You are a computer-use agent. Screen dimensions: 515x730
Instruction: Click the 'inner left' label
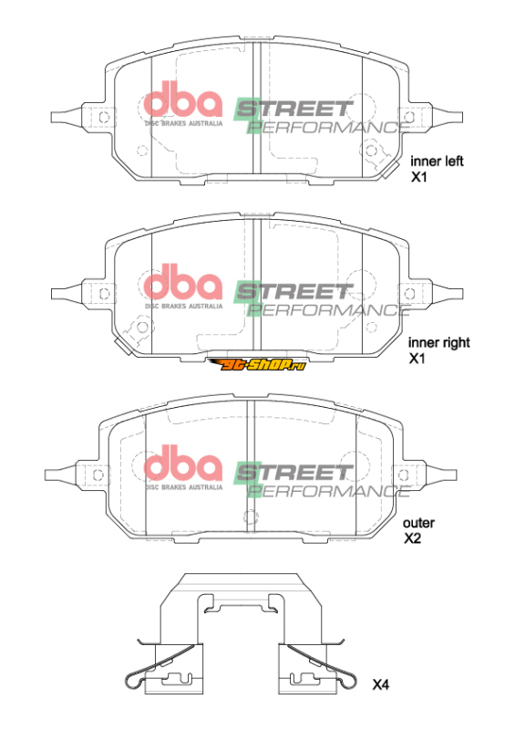pyautogui.click(x=437, y=162)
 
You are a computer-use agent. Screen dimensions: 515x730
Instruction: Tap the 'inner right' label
pyautogui.click(x=439, y=343)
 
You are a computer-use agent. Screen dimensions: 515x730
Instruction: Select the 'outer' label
pyautogui.click(x=418, y=523)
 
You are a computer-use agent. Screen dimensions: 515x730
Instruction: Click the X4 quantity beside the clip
pyautogui.click(x=380, y=684)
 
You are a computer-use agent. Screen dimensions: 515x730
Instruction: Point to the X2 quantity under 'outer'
pyautogui.click(x=412, y=538)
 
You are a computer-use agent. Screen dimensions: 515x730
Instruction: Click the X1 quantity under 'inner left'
pyautogui.click(x=418, y=177)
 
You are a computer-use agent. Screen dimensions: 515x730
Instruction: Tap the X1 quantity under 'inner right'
pyautogui.click(x=417, y=358)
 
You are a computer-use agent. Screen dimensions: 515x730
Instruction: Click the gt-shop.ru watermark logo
pyautogui.click(x=257, y=364)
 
